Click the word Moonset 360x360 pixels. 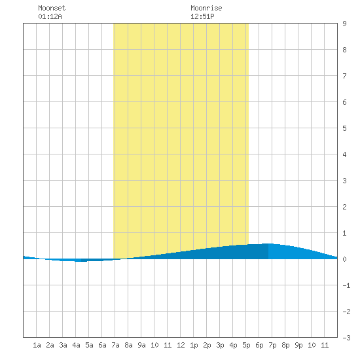(x=52, y=8)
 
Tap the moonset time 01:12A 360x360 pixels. (x=50, y=16)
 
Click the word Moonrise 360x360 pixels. (x=206, y=8)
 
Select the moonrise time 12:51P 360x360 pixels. (x=202, y=16)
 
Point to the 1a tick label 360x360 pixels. (x=37, y=345)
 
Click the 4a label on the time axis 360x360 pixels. (x=76, y=345)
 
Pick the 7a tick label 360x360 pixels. (x=115, y=345)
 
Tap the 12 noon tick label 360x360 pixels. (x=181, y=345)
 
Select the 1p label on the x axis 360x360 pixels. (x=194, y=345)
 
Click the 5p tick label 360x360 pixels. (x=246, y=345)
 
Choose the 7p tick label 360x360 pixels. (x=272, y=345)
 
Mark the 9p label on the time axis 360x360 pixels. (x=298, y=345)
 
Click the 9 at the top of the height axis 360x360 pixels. (x=344, y=24)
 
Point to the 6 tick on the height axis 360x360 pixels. (x=344, y=102)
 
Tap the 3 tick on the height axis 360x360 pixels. (x=344, y=181)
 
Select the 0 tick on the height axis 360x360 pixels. (x=344, y=259)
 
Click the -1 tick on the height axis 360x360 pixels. (x=346, y=285)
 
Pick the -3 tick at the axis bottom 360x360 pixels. (x=346, y=338)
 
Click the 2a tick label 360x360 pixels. (x=50, y=345)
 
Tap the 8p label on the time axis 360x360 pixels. (x=285, y=345)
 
